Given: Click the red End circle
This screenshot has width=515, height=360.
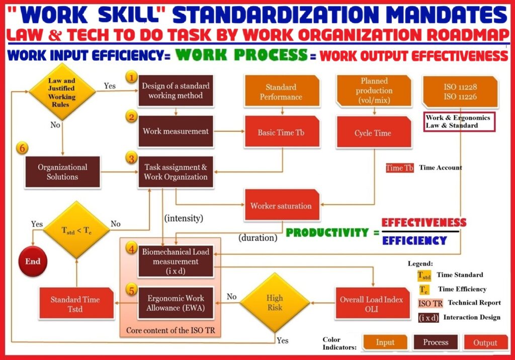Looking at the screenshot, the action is pos(33,261).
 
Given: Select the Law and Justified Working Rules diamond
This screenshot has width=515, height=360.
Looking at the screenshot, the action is pos(62,92).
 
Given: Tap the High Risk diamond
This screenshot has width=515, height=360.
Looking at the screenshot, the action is pos(275,303).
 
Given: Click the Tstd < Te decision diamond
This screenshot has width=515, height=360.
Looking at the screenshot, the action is pos(76,230).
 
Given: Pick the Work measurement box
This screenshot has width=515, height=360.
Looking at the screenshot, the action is pos(176,131).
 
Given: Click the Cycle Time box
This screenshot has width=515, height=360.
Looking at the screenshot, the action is pos(374,132).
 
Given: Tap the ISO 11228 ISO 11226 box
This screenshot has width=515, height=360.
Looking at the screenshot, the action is pos(460,92).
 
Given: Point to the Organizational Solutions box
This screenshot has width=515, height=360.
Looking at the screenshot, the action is pos(62,172).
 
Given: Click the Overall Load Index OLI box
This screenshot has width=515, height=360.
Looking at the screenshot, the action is pos(371,304).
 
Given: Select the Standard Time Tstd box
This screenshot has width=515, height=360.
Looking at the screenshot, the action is pos(76,303).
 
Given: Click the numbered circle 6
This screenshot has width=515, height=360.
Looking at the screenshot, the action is pos(22,148).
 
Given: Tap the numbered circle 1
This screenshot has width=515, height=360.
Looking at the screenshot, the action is pos(131,77).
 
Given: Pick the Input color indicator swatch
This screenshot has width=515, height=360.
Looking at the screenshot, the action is pos(385,342).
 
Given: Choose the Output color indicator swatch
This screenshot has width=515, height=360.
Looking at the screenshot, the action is pos(485,342).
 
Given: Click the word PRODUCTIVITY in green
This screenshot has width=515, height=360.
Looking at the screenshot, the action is pos(327,233).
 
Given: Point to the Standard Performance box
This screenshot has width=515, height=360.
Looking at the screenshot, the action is pos(282,92).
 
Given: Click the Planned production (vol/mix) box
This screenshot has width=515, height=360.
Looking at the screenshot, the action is pos(374,91).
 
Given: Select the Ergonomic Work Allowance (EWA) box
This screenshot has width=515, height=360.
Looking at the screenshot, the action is pos(176,303).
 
